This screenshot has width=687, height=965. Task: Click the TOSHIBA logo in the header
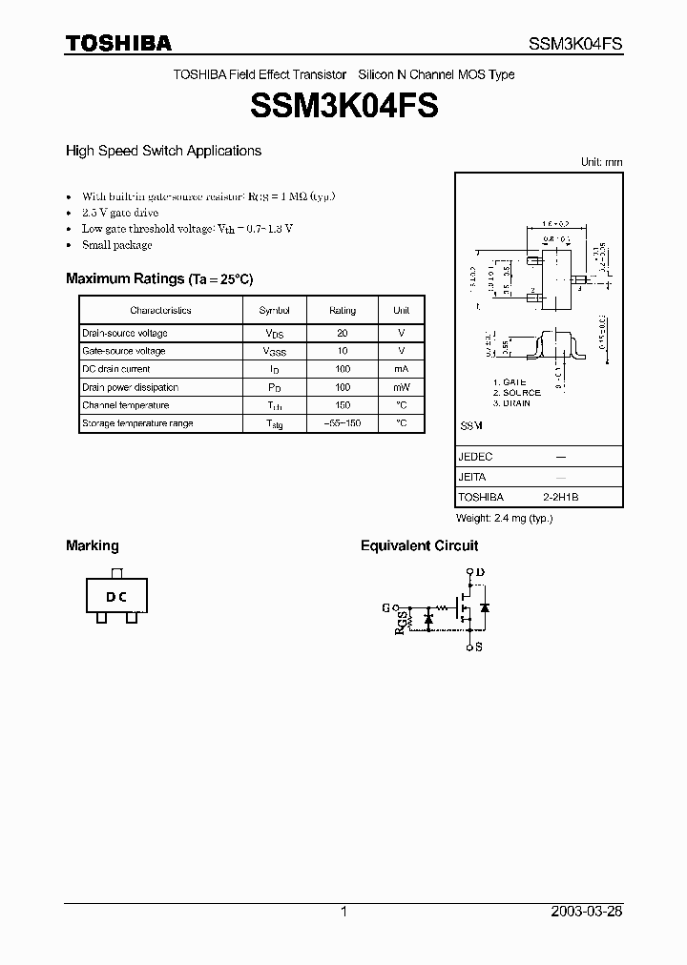[118, 43]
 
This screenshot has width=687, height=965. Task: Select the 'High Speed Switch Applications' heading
[163, 151]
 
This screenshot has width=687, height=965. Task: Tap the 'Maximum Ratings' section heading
[125, 278]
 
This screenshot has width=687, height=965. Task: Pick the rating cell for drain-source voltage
[343, 334]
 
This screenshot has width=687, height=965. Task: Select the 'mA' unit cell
[401, 369]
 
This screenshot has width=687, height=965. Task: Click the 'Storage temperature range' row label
[137, 423]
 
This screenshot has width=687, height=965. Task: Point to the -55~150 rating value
[343, 423]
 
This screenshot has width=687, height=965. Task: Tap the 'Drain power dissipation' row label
[130, 387]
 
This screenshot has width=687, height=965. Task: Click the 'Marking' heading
[93, 545]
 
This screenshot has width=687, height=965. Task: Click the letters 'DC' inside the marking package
[116, 598]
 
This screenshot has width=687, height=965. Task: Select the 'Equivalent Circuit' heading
[419, 545]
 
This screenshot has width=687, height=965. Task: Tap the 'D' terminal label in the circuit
[480, 572]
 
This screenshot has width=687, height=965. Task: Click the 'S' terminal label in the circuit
[479, 647]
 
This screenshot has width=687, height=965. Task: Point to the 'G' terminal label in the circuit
[385, 606]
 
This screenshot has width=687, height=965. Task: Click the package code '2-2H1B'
[561, 498]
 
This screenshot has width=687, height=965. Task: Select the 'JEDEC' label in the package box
[475, 457]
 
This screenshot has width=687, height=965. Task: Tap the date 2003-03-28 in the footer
[587, 912]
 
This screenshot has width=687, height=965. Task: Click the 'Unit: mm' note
[601, 162]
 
